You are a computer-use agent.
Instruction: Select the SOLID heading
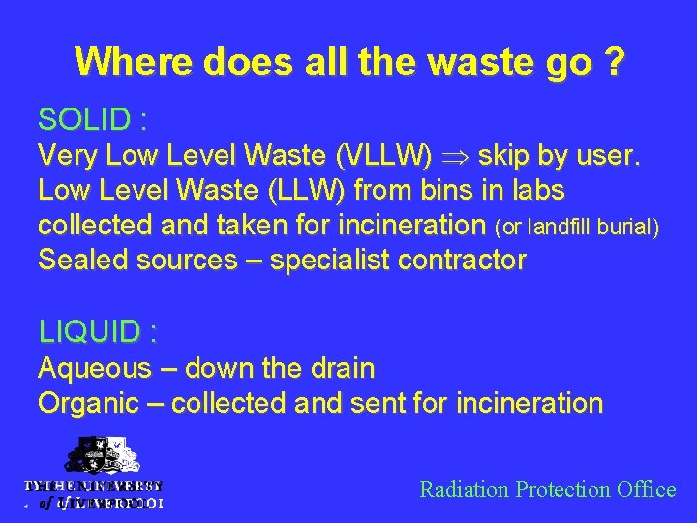click(92, 120)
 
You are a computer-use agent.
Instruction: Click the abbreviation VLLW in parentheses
click(386, 155)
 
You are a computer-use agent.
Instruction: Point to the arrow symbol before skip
click(459, 155)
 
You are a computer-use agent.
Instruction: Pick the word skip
click(509, 155)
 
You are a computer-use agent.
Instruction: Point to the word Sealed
click(80, 260)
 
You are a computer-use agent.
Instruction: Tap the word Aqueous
click(94, 368)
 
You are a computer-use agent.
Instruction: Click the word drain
click(339, 368)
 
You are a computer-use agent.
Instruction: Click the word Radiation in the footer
click(464, 489)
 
